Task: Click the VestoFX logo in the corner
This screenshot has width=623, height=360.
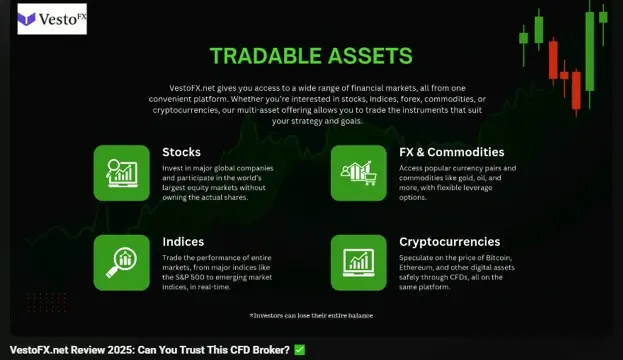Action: click(52, 19)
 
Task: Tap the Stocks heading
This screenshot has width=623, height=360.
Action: click(181, 152)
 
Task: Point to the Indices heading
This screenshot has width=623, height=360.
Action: click(183, 241)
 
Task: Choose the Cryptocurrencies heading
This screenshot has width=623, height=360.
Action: click(450, 241)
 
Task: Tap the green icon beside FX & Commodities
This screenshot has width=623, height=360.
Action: click(358, 173)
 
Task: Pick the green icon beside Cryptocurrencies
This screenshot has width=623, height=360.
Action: click(358, 262)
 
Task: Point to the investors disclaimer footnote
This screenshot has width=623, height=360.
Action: click(312, 315)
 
